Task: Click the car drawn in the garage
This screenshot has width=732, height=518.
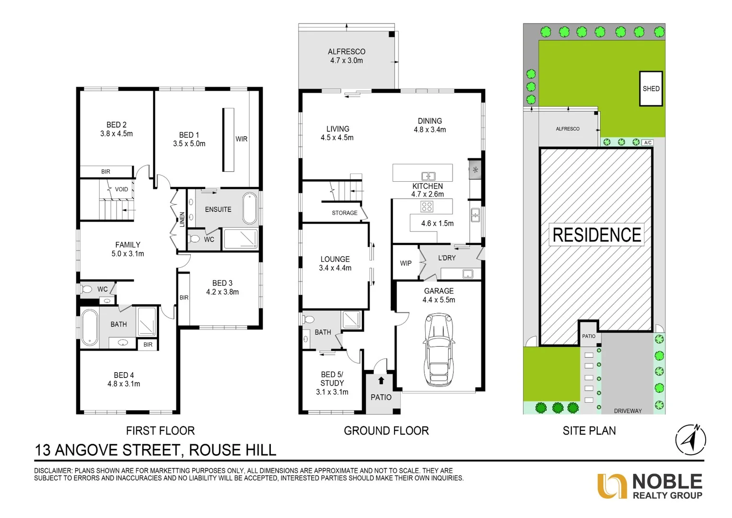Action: (x=438, y=350)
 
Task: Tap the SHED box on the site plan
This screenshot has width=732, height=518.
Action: (x=651, y=89)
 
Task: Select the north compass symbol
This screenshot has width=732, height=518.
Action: (x=691, y=439)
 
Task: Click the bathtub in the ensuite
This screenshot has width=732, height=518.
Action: (x=250, y=209)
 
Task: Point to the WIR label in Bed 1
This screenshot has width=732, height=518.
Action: (x=242, y=139)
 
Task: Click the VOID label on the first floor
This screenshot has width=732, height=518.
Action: (x=121, y=189)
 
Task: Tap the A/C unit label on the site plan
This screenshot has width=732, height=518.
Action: (x=648, y=142)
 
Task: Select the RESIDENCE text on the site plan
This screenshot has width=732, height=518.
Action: (x=597, y=235)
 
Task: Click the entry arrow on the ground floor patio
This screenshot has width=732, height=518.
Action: (x=381, y=381)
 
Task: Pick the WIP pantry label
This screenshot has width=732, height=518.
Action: (x=406, y=263)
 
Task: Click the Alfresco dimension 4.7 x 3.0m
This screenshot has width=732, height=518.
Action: (x=347, y=60)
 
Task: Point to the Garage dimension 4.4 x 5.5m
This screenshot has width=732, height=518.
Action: (x=439, y=300)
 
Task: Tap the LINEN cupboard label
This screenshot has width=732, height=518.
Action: (x=182, y=219)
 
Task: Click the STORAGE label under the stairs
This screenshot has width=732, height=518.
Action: (x=345, y=213)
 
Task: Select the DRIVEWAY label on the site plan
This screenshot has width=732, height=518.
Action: (x=627, y=411)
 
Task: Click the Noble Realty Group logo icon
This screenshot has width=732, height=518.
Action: (x=612, y=486)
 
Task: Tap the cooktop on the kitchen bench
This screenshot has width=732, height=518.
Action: (x=427, y=207)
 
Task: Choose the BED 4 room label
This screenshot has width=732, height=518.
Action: (x=124, y=375)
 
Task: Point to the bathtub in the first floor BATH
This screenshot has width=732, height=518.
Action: (x=90, y=328)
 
